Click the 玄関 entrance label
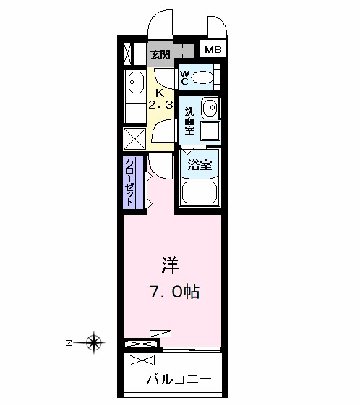pos(160,54)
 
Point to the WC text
pos(184,77)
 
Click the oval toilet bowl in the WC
pos(204,77)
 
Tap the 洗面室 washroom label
pos(189,121)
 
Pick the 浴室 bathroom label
pos(200,164)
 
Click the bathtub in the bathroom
pos(200,191)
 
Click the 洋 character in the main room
pos(170,266)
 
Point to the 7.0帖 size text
pos(174,292)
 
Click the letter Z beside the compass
pos(68,342)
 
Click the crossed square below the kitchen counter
pos(135,138)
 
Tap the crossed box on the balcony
pos(141,360)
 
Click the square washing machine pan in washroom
pos(210,131)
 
